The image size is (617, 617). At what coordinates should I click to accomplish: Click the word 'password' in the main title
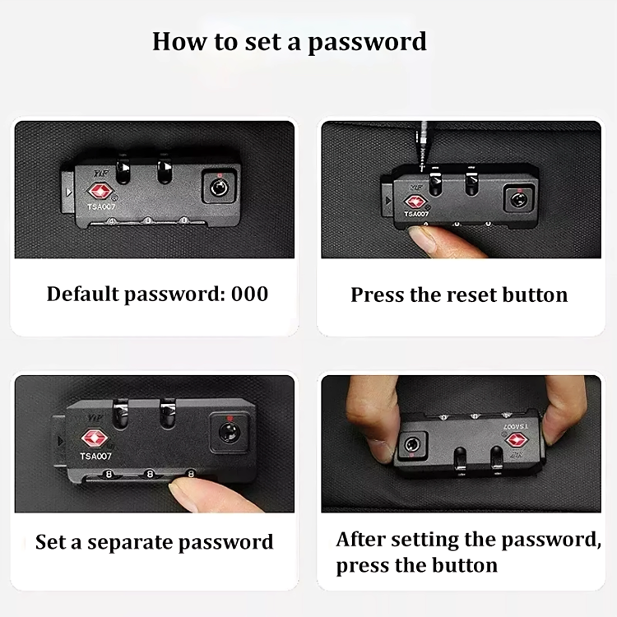click(x=367, y=43)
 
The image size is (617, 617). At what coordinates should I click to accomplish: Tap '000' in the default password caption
click(x=249, y=294)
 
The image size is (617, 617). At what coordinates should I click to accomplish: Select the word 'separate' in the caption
click(x=129, y=543)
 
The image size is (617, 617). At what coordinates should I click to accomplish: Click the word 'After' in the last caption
click(x=360, y=540)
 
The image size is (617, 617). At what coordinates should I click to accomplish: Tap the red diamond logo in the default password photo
click(x=100, y=192)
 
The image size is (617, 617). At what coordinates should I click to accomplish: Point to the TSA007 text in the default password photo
click(x=101, y=207)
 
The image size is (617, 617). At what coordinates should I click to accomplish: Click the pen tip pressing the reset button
click(x=422, y=169)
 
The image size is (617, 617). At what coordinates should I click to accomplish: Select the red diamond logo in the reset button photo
click(x=415, y=202)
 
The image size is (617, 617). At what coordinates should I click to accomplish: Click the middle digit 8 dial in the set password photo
click(x=150, y=475)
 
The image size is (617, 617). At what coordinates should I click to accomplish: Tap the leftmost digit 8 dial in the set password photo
click(x=109, y=475)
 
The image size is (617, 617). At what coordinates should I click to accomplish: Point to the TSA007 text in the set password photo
click(x=95, y=456)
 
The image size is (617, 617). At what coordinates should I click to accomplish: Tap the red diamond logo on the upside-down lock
click(x=517, y=439)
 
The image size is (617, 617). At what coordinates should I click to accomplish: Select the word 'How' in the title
click(x=179, y=41)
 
